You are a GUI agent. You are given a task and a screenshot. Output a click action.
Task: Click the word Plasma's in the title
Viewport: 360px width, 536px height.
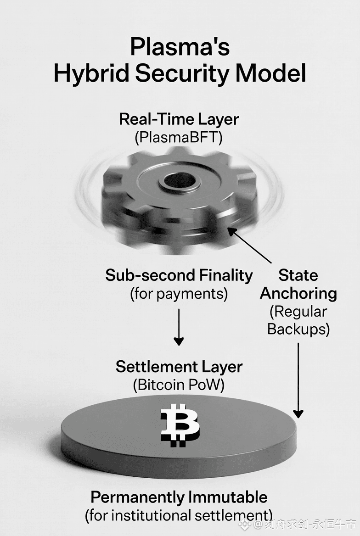pos(180,47)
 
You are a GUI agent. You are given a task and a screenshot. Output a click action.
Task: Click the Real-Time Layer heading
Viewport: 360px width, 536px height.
pos(179,119)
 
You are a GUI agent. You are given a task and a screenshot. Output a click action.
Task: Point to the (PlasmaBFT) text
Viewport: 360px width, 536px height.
pos(179,138)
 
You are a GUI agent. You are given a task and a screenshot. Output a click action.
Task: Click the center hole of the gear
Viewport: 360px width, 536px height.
pos(180,181)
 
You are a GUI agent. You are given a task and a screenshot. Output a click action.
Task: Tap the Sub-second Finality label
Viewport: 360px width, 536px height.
pos(179,275)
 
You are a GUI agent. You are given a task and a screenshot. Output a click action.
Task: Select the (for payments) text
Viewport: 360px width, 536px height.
pos(179,294)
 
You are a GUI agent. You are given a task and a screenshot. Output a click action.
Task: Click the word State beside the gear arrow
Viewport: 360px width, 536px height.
pos(298,275)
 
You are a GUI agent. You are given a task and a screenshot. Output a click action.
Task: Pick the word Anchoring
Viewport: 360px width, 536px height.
pos(298,293)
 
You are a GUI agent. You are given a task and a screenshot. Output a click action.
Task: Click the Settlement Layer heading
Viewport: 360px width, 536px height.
pos(179,367)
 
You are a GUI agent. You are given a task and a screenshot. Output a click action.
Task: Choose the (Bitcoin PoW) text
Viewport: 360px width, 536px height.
pos(179,385)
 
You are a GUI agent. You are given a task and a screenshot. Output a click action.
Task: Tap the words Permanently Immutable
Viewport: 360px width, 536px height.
pos(179,497)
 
